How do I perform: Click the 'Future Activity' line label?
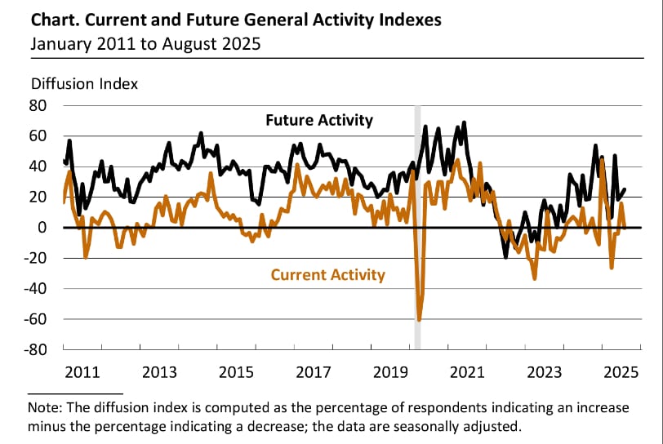point(318,120)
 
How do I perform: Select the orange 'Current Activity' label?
point(327,274)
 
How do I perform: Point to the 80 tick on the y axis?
point(39,105)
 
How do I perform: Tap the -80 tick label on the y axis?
point(36,349)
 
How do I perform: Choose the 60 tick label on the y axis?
point(39,135)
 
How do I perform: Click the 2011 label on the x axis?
point(82,373)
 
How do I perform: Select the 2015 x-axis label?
point(236,373)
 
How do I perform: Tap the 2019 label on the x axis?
point(389,373)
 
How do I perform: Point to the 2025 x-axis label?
point(621,373)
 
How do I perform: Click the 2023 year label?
point(544,373)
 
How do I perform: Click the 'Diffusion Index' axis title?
point(84,83)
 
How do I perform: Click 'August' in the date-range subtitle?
point(195,43)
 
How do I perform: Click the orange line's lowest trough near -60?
point(419,319)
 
